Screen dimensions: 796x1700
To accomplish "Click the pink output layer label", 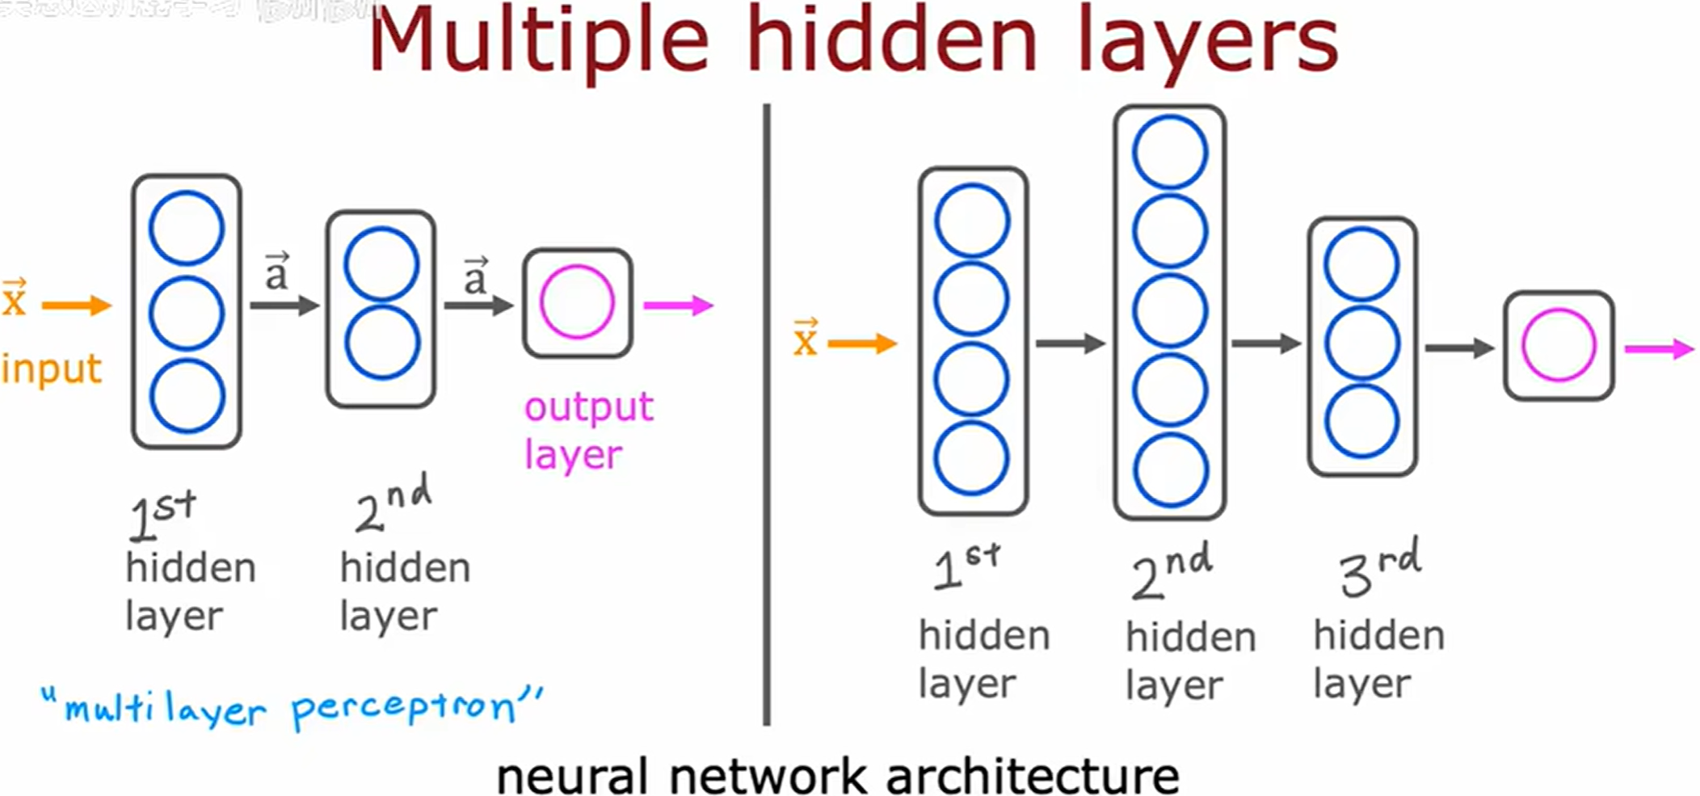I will click(587, 431).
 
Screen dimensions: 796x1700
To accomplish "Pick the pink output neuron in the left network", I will click(577, 302).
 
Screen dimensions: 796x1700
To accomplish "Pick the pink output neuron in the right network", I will click(1559, 345).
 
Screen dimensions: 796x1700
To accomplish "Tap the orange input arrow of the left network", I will click(76, 305).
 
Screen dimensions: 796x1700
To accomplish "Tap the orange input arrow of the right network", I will click(862, 344).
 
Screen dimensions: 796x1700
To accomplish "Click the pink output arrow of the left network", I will click(678, 305).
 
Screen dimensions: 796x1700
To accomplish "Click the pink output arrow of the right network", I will click(1658, 349).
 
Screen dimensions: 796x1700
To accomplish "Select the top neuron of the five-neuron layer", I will click(1170, 153).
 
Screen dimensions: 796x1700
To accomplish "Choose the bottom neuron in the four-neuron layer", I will click(972, 458).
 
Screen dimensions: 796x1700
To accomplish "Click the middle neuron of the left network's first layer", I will click(187, 314).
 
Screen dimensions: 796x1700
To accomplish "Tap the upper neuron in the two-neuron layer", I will click(381, 265).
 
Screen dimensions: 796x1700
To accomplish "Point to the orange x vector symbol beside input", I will click(14, 297).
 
